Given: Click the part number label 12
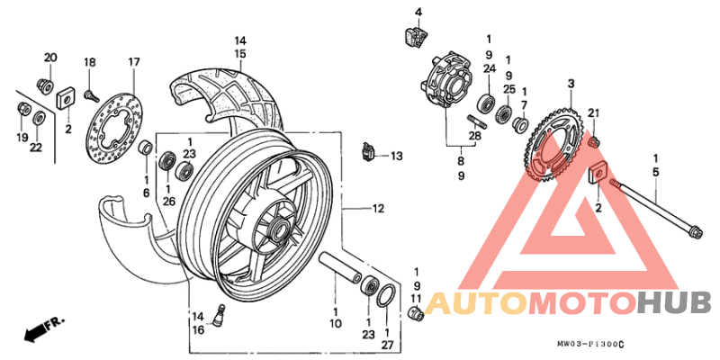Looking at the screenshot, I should [378, 209].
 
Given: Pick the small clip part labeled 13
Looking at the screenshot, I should [367, 153].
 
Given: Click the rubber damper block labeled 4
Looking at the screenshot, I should [416, 38].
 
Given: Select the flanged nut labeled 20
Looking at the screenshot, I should [42, 85].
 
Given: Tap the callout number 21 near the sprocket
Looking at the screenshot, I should [593, 112].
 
